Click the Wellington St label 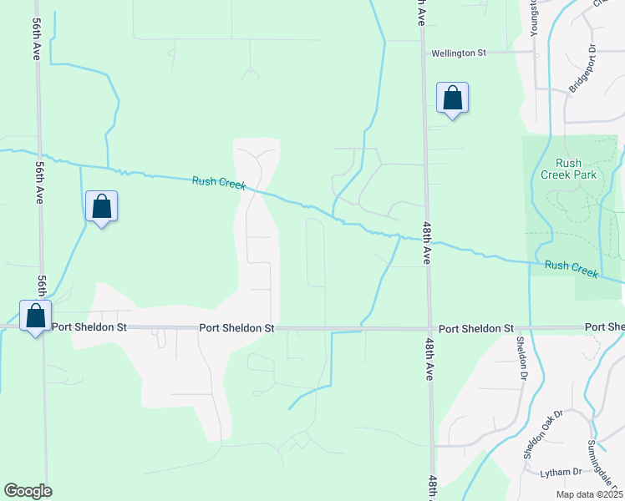(x=458, y=53)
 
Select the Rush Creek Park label (x=573, y=169)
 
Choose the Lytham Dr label (x=560, y=473)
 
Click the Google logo (x=28, y=491)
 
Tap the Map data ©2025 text (x=588, y=494)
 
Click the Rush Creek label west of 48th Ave (x=219, y=182)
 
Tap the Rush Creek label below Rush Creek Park (x=572, y=268)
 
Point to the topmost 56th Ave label (x=37, y=39)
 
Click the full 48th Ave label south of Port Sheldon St (x=431, y=359)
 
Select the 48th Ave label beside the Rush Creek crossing (x=425, y=243)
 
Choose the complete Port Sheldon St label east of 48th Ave (x=476, y=329)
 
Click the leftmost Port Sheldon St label (x=89, y=327)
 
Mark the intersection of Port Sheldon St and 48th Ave (x=429, y=329)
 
